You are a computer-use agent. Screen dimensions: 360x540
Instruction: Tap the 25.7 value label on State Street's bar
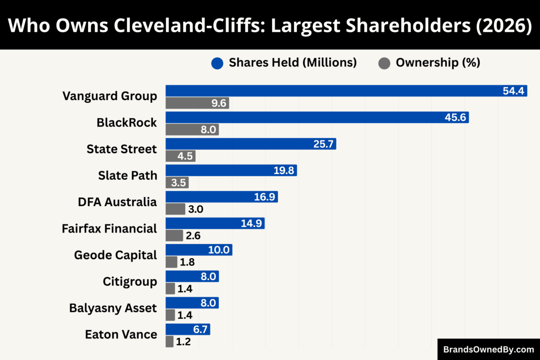[323, 144]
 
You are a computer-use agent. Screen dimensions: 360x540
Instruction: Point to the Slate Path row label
[128, 176]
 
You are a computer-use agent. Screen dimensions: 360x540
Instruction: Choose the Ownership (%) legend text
[438, 63]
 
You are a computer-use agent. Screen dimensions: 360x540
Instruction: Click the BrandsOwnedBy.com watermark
[488, 349]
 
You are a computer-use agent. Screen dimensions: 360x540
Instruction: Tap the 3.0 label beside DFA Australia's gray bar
[196, 209]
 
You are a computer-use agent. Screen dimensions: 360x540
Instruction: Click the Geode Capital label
[115, 255]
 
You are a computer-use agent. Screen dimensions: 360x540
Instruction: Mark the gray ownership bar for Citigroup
[170, 289]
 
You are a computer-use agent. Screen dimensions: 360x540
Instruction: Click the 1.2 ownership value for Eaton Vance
[183, 342]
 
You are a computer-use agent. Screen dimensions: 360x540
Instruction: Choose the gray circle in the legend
[384, 63]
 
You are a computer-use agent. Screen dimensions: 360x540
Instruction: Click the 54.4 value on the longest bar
[513, 91]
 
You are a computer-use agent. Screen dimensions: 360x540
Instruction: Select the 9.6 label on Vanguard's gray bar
[219, 103]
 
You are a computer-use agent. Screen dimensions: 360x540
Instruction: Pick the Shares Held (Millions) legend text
[293, 63]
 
